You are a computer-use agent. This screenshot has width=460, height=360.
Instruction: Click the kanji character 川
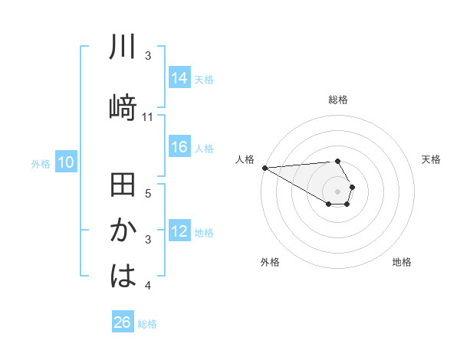click(x=123, y=47)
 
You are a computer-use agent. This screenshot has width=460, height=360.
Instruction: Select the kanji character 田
click(x=123, y=186)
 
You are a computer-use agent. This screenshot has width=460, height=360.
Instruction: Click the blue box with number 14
click(x=179, y=78)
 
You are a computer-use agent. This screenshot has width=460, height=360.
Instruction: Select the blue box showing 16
click(x=179, y=148)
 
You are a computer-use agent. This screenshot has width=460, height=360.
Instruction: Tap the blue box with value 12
click(x=179, y=232)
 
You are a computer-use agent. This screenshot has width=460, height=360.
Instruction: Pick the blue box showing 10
click(x=66, y=162)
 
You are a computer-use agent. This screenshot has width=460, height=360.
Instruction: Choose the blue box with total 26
click(x=123, y=322)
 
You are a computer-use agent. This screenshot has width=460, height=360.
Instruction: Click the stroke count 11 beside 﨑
click(x=148, y=117)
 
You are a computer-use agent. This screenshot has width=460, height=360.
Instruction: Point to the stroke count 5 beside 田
click(x=148, y=194)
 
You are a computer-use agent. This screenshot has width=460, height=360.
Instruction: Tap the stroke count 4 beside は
click(x=148, y=286)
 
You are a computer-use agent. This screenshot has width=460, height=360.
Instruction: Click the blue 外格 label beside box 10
click(x=40, y=163)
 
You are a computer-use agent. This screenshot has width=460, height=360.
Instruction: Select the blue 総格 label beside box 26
click(x=147, y=323)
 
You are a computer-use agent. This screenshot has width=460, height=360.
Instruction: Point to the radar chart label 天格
click(x=432, y=159)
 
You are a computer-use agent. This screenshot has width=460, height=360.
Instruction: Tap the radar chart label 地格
click(x=402, y=262)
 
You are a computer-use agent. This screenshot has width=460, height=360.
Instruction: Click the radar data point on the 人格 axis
click(x=264, y=168)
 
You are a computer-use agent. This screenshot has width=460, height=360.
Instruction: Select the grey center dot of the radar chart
click(x=337, y=191)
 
